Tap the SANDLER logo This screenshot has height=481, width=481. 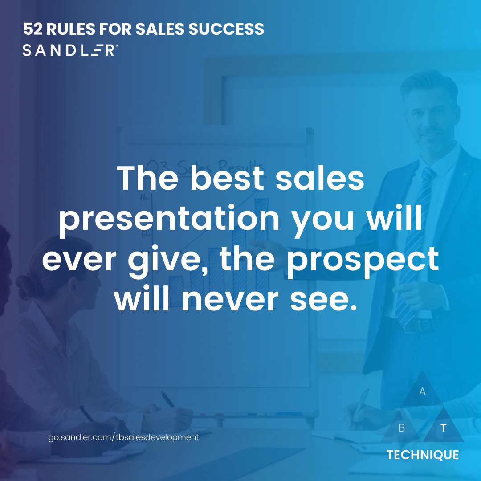70,50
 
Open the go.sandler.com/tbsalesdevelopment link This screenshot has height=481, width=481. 123,437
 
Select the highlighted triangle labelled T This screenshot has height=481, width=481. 443,428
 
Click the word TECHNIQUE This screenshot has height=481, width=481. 422,455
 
